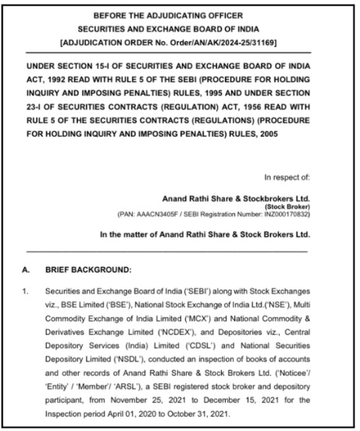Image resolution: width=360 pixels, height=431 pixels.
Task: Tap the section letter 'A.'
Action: [28, 269]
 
